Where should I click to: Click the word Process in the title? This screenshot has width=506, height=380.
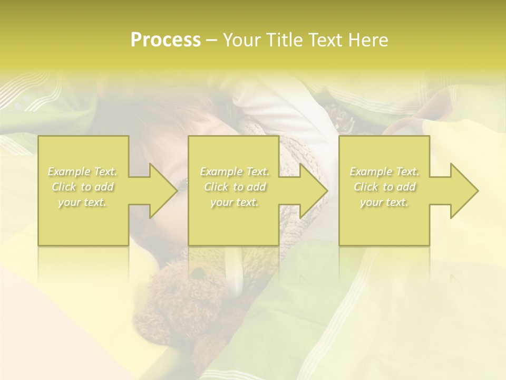[166, 40]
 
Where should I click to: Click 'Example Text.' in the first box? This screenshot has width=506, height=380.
[82, 172]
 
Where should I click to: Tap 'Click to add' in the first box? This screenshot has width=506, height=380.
[82, 187]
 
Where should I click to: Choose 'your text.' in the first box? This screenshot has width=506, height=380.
[82, 202]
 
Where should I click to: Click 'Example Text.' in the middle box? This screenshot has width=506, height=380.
[234, 172]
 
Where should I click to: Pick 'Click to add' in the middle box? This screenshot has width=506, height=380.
[234, 187]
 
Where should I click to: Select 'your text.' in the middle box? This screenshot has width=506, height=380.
[234, 202]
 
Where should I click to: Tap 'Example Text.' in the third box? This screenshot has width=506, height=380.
[384, 172]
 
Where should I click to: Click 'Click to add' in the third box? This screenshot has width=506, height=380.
[384, 187]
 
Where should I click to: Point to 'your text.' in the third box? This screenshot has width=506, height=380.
[384, 202]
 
